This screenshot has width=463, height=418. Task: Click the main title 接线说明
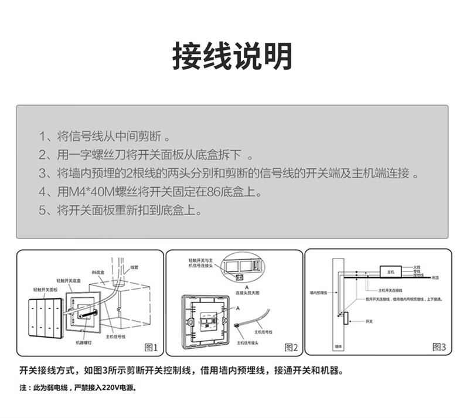pos(231,57)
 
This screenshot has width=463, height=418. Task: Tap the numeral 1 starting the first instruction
pos(42,138)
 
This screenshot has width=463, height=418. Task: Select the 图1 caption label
pos(151,348)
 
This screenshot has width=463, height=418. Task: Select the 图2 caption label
pos(291,348)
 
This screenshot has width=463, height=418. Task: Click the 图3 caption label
pos(439,347)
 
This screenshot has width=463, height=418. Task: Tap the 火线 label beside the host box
pos(417,266)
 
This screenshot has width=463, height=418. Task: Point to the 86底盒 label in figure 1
pos(97,273)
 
